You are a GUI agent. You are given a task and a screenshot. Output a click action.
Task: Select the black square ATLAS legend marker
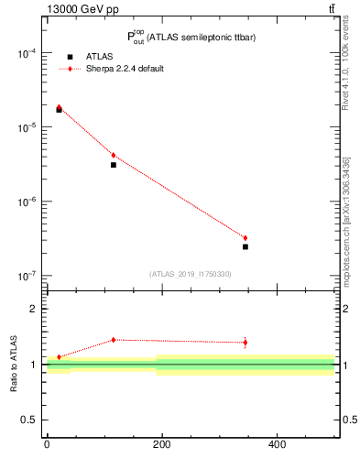point(70,57)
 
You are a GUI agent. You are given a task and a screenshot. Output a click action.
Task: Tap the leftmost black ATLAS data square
point(59,110)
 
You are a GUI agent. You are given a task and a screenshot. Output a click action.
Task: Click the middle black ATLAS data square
point(113,165)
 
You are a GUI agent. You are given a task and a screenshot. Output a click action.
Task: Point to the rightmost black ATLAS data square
point(245,246)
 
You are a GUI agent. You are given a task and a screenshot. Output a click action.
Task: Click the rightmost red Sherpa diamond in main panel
point(245,238)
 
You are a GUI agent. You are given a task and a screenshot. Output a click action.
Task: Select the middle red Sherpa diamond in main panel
point(113,155)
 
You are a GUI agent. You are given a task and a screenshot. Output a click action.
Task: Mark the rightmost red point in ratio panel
point(245,343)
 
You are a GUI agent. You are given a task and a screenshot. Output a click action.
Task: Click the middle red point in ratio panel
point(113,340)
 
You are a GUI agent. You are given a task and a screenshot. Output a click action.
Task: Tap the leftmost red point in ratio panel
point(59,357)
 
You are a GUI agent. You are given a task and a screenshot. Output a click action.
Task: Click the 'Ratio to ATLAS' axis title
point(15,365)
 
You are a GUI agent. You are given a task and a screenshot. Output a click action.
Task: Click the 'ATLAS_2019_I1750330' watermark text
point(191,274)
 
